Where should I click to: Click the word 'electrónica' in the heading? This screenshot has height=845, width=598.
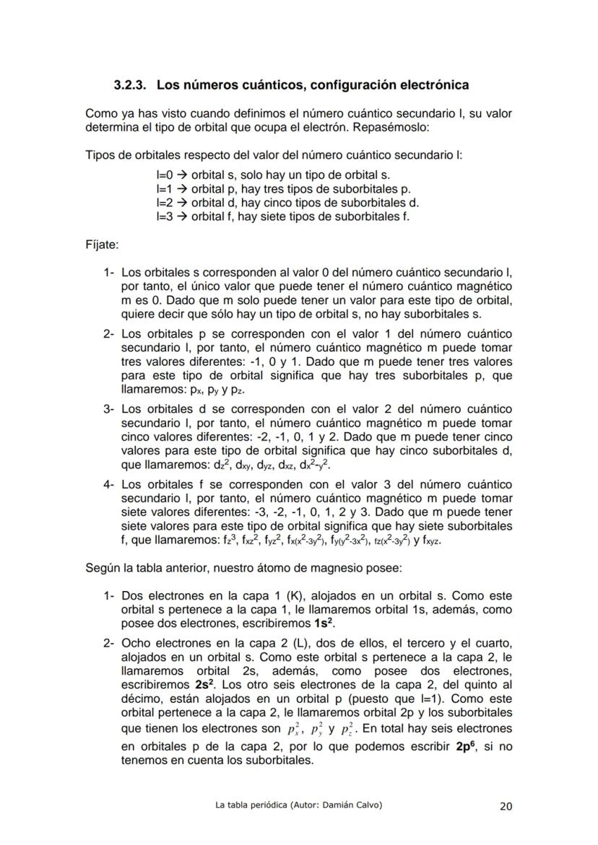tap(431, 85)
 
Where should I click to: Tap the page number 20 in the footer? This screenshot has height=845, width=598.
tap(506, 807)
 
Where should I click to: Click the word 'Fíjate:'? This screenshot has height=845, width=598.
tap(102, 245)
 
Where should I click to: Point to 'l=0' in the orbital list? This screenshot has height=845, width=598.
tap(165, 175)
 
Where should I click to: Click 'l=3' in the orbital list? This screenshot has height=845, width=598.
tap(165, 216)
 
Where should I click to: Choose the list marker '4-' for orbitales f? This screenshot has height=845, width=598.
tap(109, 485)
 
